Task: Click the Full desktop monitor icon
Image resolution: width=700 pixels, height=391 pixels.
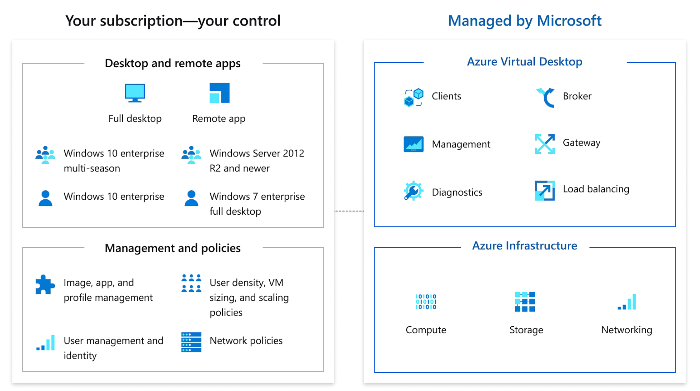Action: pos(135,93)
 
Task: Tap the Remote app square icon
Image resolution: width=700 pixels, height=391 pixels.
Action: pos(220,93)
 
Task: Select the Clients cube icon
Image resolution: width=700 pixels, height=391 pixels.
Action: pos(414,98)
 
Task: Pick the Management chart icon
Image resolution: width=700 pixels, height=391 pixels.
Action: pos(414,144)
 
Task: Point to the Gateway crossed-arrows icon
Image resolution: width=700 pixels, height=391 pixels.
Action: pos(545,144)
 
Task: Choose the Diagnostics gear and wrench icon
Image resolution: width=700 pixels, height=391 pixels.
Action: pos(413,190)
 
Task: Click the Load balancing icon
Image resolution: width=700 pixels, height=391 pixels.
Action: pos(545,190)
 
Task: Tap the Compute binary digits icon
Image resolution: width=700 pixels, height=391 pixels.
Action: pos(426,302)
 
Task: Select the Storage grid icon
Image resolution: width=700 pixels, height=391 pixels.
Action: pos(525,302)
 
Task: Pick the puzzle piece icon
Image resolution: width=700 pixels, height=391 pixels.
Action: pos(45,284)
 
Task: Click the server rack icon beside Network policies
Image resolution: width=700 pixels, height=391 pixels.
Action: pos(191,342)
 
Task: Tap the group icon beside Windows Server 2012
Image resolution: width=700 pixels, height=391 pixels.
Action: pos(191,155)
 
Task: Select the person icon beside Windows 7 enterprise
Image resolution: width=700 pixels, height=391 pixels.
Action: pos(191,198)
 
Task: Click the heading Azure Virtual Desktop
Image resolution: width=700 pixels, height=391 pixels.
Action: pos(525,62)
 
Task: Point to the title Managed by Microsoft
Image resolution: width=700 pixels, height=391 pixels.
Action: pos(525,21)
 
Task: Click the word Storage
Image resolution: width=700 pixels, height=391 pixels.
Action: pos(526,330)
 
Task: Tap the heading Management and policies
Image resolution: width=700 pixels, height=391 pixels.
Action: pos(173,248)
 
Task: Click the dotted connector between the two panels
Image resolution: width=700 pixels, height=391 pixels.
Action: pos(349,211)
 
